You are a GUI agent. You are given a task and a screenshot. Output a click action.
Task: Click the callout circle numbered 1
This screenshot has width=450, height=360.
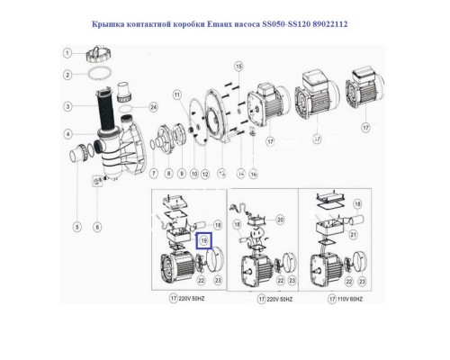67,53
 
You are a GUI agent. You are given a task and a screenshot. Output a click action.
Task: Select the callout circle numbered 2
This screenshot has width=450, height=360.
67,76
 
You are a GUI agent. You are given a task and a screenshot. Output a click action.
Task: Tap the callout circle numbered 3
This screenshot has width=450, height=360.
67,107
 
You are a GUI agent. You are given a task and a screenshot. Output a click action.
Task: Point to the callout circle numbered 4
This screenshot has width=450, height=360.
67,135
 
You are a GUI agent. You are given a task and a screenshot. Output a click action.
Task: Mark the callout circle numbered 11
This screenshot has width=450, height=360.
176,94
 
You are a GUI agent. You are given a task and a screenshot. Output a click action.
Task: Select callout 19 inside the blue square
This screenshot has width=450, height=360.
203,240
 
